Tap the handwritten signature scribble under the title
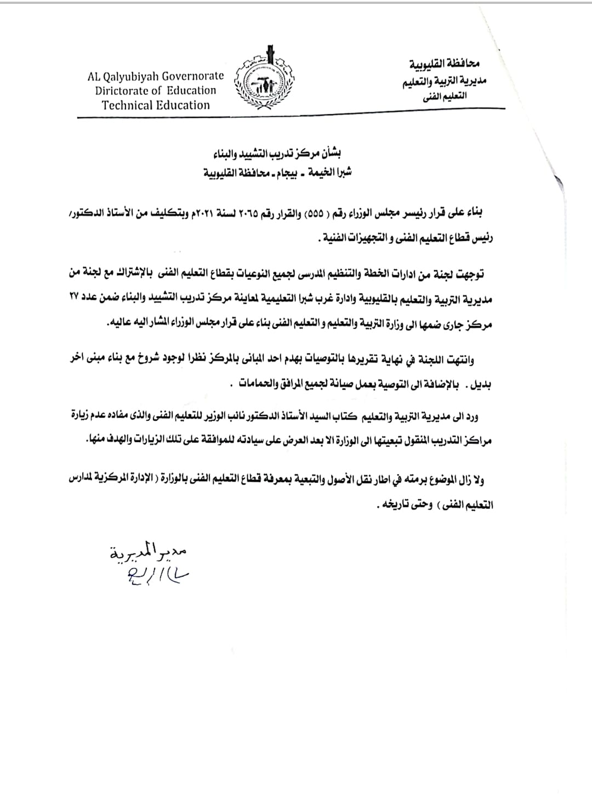click(x=156, y=575)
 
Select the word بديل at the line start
click(x=480, y=385)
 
